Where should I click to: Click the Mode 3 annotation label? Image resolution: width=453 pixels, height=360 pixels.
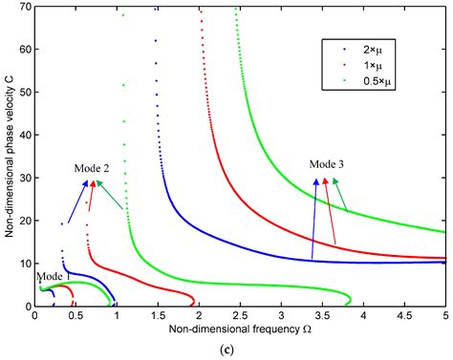pyautogui.click(x=327, y=164)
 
